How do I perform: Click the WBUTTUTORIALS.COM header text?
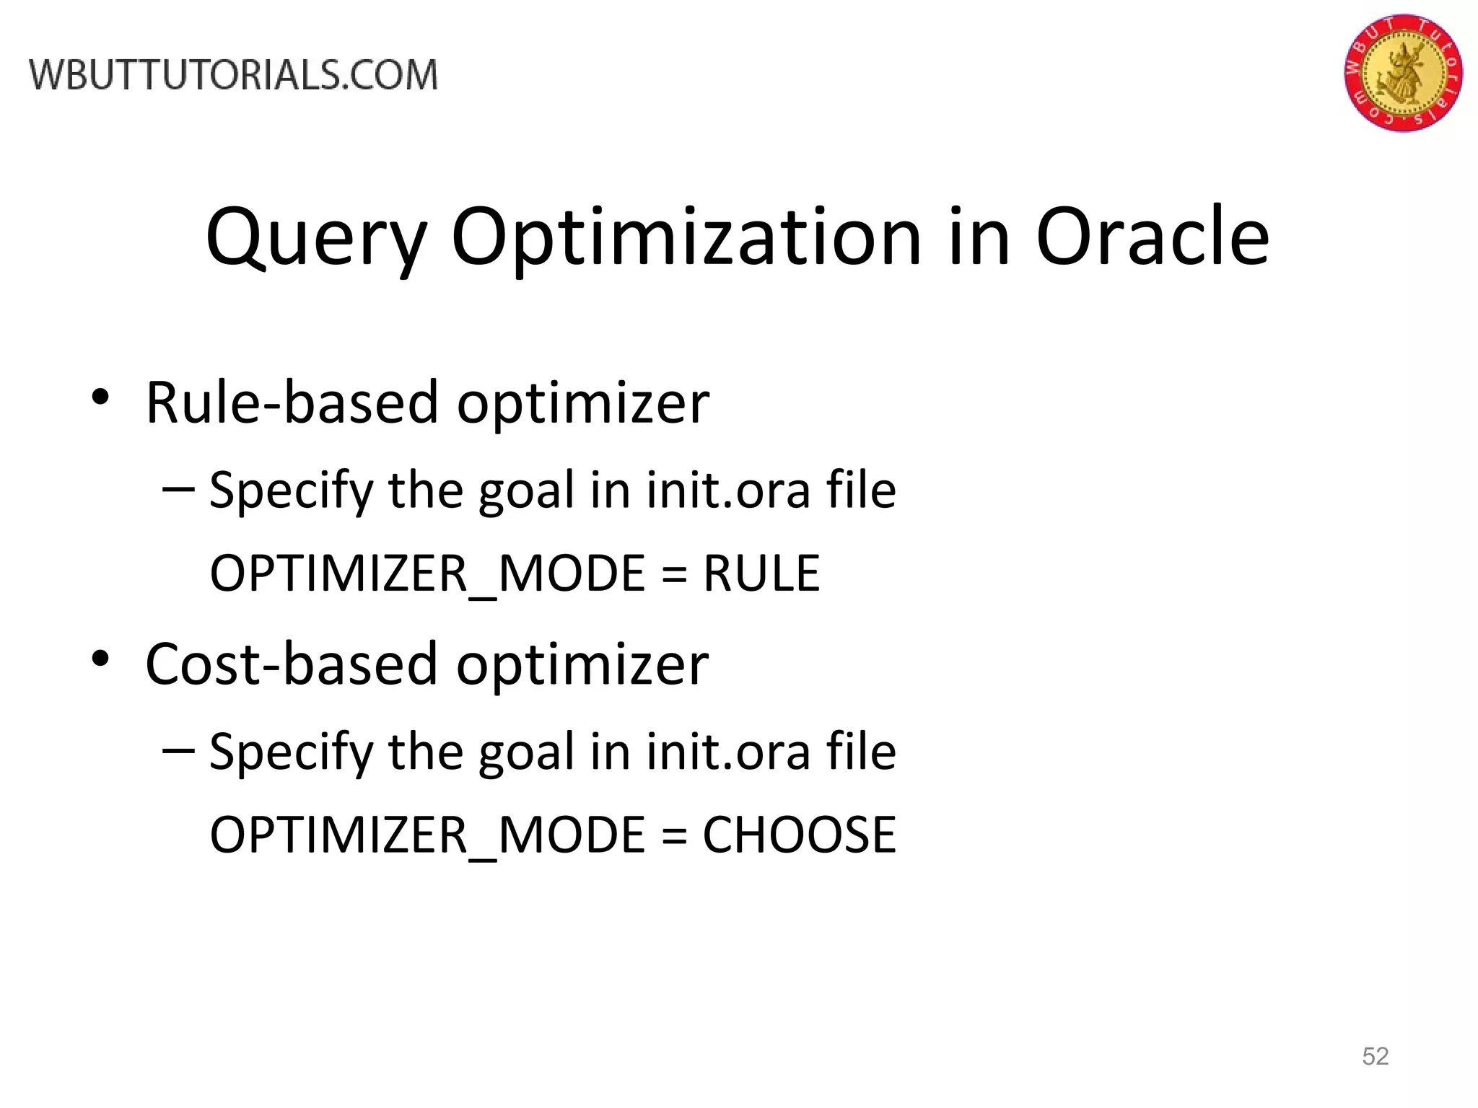click(234, 75)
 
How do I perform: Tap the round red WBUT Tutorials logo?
click(1403, 73)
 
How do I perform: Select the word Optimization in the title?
click(686, 238)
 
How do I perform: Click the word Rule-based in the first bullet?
click(292, 402)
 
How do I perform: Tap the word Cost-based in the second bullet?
click(291, 664)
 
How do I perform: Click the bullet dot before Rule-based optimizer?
click(100, 397)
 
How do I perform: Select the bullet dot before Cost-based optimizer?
click(100, 659)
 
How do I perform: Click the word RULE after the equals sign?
click(761, 573)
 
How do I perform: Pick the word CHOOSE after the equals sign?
click(799, 835)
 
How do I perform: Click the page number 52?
click(1375, 1056)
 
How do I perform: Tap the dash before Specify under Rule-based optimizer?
click(178, 489)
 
